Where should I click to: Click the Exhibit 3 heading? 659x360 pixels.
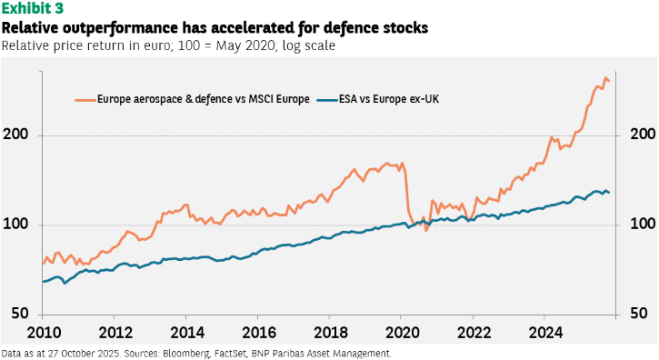[33, 8]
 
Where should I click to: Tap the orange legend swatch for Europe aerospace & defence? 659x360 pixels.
[85, 100]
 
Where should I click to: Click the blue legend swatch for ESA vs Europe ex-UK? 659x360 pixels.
[327, 100]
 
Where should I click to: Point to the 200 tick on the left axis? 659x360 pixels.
[15, 135]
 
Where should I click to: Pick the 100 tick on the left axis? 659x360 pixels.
[15, 224]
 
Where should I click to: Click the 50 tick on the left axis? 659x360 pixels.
[20, 314]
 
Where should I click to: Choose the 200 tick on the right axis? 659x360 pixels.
[643, 135]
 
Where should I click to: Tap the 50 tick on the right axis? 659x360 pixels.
[639, 314]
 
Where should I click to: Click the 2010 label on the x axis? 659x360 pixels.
[45, 333]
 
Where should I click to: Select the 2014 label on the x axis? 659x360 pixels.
[187, 333]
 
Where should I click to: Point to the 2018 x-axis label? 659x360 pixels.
[331, 333]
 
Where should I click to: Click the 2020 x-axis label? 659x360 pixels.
[403, 333]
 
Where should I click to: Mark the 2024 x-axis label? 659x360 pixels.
[546, 333]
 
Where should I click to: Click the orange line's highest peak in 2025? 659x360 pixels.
[605, 78]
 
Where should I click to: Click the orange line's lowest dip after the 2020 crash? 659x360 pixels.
[425, 231]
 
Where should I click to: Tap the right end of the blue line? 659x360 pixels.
[609, 193]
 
